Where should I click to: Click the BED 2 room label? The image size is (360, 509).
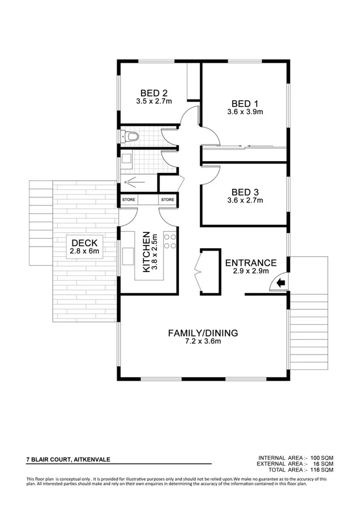click(x=153, y=93)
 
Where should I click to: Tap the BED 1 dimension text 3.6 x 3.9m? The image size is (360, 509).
click(x=245, y=111)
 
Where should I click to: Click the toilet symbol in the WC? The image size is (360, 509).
click(x=130, y=136)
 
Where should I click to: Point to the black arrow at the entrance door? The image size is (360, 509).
click(x=280, y=284)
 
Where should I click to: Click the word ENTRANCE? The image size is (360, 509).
click(x=251, y=263)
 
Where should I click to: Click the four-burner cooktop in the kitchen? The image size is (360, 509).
click(x=169, y=241)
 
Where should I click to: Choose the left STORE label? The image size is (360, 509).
click(x=128, y=200)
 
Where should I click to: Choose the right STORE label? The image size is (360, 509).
click(x=167, y=200)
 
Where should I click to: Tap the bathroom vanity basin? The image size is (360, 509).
click(x=127, y=159)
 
